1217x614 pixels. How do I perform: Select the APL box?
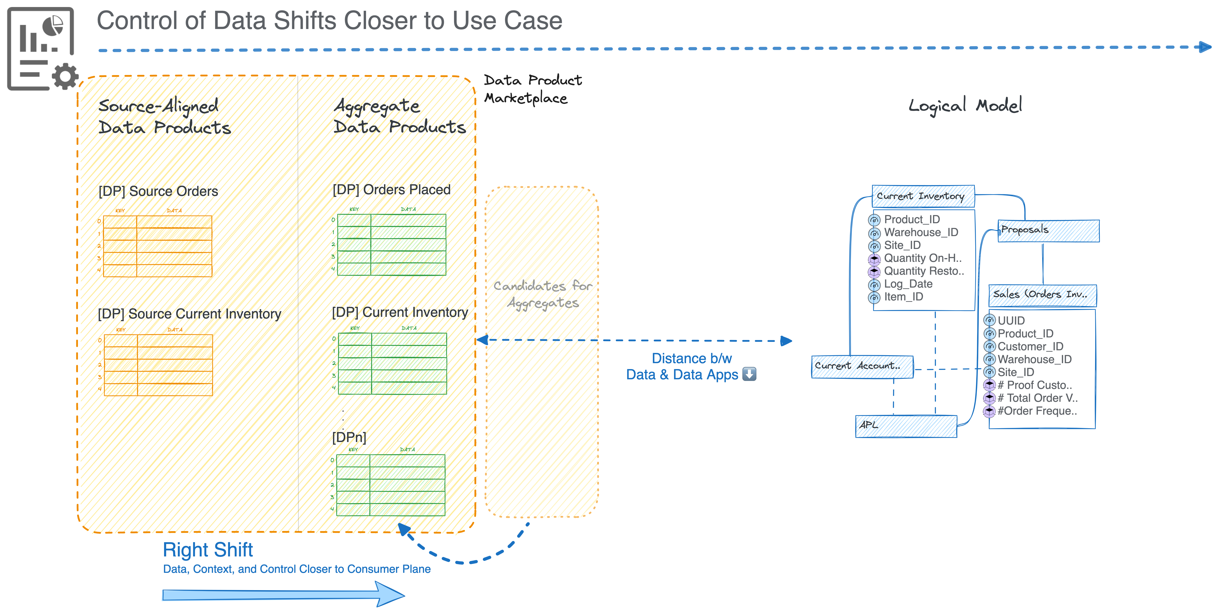(x=906, y=426)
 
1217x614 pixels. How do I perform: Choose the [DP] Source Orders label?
(x=158, y=191)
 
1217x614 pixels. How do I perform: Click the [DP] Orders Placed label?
(x=391, y=190)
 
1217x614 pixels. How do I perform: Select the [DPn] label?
(x=349, y=437)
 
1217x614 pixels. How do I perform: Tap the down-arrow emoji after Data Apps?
(x=749, y=374)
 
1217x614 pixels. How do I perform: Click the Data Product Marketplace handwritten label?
(x=532, y=89)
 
